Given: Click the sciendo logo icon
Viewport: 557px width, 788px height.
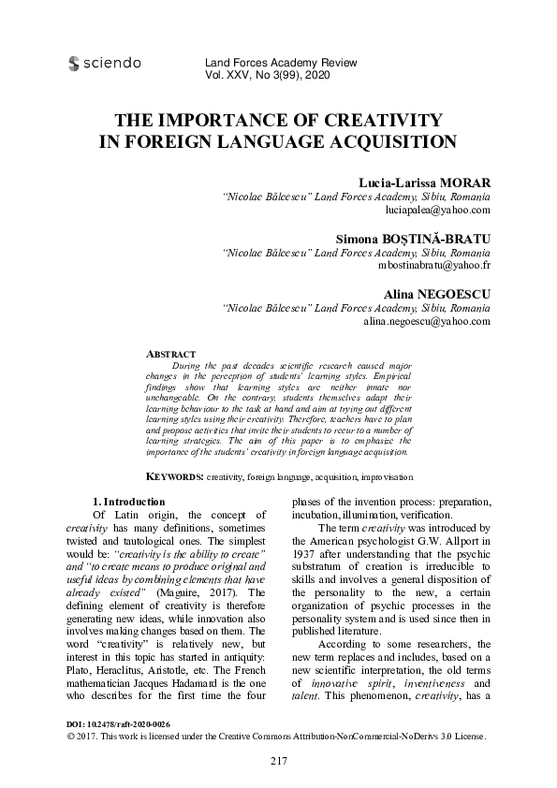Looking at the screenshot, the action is click(74, 65).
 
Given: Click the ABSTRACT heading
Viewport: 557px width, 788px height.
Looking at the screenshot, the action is click(172, 354).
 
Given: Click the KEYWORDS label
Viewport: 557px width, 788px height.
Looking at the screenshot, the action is click(176, 476).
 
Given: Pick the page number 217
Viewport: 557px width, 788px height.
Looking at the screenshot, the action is click(278, 760).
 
